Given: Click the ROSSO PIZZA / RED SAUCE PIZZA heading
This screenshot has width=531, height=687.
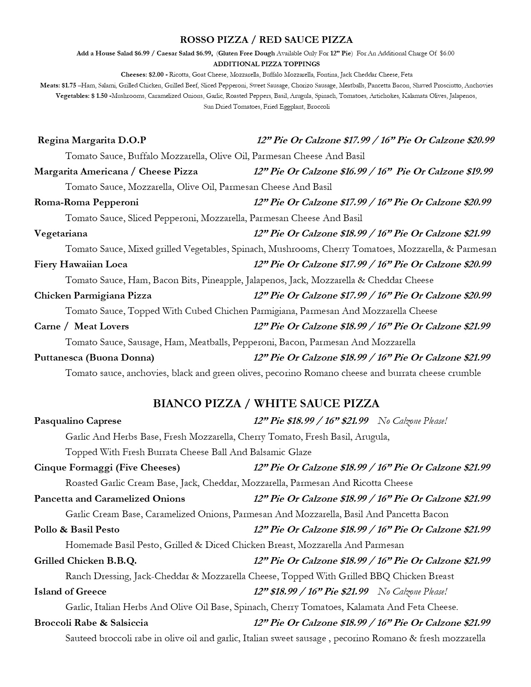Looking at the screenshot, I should coord(266,40).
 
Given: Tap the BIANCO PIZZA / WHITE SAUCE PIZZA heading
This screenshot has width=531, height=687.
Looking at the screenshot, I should coord(266,403).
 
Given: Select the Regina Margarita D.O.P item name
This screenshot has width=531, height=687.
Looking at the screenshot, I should coord(92,140).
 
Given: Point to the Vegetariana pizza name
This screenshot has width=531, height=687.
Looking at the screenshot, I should coord(61,234).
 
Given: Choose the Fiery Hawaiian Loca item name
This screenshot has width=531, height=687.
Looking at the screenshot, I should coord(81,264).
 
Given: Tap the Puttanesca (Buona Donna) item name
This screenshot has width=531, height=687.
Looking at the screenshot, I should coord(94,358).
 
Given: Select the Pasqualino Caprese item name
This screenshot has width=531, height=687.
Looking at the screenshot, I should coord(78,421).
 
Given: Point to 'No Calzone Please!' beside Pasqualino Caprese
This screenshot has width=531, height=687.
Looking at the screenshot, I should coord(412,421).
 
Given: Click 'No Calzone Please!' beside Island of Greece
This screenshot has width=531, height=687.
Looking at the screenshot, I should coord(412,592).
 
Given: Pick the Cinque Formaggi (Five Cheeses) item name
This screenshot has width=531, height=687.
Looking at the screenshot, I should coord(107,468).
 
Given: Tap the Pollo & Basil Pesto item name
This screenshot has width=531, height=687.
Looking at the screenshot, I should coord(77,530).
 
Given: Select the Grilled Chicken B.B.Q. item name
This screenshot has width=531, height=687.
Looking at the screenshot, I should coord(85,561).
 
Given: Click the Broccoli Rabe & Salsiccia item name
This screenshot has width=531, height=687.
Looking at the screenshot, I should coord(91,623).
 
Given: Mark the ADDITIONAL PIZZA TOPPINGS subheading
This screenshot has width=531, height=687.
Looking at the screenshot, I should coord(266,64).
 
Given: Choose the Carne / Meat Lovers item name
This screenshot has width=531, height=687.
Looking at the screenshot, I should coord(82,326).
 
